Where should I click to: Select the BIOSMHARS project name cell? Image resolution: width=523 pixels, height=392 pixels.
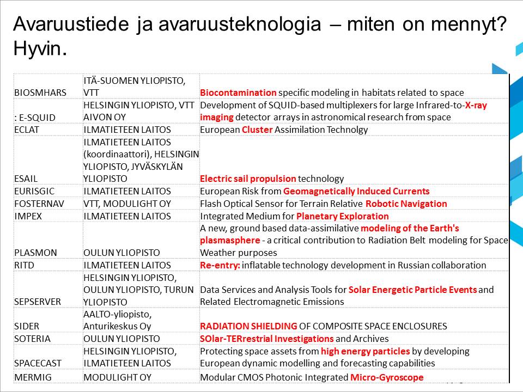[x=37, y=93]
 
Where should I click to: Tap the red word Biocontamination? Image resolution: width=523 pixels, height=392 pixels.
[x=238, y=93]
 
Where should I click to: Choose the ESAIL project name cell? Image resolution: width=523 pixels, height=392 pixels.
[x=26, y=179]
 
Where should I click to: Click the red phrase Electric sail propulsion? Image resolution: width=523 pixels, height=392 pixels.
[x=248, y=179]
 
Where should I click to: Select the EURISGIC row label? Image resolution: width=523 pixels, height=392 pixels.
[x=34, y=191]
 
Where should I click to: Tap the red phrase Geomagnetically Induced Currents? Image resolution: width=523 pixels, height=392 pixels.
[x=356, y=191]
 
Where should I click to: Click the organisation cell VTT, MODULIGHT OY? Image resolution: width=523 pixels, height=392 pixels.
[x=127, y=204]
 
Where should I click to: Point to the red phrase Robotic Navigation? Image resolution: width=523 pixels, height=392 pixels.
[x=406, y=204]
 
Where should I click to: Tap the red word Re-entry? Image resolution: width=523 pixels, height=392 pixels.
[x=220, y=265]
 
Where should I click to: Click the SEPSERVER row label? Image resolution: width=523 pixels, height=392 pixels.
[x=38, y=302]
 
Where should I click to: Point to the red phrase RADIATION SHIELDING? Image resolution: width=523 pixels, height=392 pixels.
[x=248, y=326]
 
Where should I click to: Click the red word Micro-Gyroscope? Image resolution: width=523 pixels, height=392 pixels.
[x=386, y=377]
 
